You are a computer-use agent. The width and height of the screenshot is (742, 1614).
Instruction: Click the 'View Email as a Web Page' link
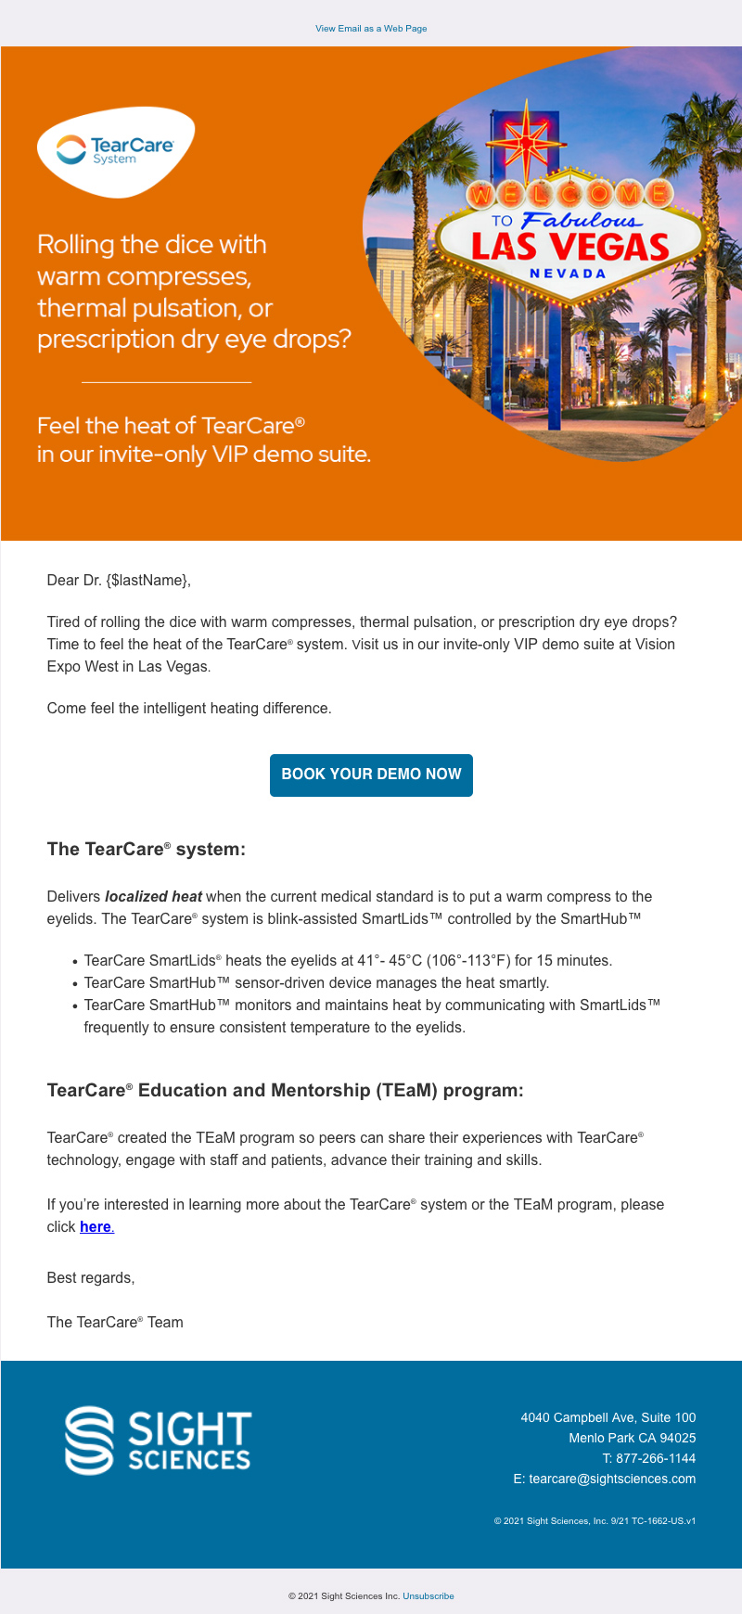point(371,29)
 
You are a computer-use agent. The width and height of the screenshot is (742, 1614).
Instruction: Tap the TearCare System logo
point(115,151)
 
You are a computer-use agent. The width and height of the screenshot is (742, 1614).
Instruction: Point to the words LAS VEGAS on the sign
point(569,247)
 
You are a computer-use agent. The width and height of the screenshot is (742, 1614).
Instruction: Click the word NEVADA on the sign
point(568,274)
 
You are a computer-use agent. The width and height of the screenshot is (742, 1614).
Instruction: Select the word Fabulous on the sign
point(580,221)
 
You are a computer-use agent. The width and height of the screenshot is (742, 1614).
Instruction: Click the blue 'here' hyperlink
point(96,1226)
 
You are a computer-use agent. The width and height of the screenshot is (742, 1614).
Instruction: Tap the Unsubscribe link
point(429,1596)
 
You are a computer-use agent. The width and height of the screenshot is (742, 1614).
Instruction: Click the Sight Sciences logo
point(158,1441)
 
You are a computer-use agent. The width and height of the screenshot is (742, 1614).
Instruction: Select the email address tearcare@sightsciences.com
point(612,1479)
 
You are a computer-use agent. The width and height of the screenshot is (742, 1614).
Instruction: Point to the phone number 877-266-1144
point(656,1458)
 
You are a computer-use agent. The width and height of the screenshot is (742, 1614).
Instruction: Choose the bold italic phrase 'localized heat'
point(153,896)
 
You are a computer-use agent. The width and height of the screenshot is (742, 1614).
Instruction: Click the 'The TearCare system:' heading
point(147,849)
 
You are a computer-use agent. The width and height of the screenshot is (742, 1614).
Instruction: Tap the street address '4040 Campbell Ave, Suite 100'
point(608,1417)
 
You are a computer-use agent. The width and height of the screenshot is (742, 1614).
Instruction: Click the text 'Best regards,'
point(91,1277)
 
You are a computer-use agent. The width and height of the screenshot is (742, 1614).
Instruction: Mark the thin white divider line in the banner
point(167,382)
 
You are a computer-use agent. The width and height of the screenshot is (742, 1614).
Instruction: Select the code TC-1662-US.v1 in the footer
point(663,1521)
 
